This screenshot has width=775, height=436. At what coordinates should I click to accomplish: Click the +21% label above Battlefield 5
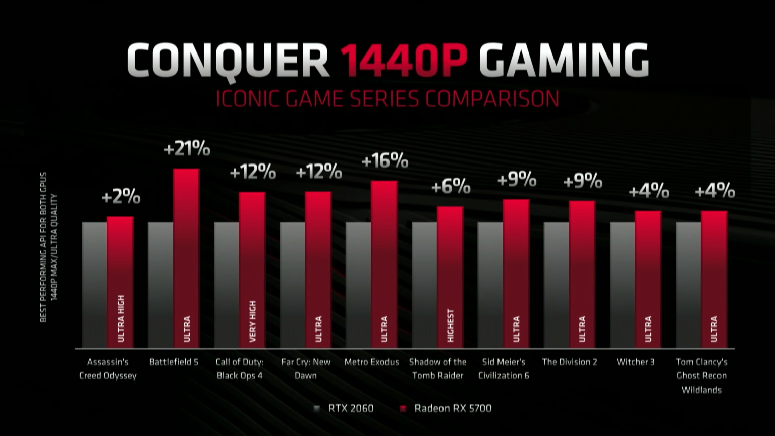pos(187,149)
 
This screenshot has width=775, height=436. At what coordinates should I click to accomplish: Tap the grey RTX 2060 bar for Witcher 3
pos(622,285)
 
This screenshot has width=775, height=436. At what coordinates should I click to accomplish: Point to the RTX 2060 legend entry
pos(344,408)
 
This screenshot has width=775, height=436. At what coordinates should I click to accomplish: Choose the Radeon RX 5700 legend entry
pos(446,408)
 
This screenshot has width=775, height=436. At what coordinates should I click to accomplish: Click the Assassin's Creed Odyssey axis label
pos(107,369)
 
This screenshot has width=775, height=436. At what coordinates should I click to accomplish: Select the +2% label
pos(121,197)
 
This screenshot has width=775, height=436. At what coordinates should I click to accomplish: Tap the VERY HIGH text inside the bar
pos(253,321)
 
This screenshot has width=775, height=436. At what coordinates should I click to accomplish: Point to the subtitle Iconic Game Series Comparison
pos(387,99)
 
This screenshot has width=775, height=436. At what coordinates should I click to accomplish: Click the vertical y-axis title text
pos(48,247)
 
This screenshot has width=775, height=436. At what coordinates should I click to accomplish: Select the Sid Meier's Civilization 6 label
pos(504,369)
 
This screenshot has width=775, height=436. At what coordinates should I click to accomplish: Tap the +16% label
pos(384,161)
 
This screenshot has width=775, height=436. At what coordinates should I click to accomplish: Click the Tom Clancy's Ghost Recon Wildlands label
pos(701,375)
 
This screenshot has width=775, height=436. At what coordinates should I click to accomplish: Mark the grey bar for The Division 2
pos(556,285)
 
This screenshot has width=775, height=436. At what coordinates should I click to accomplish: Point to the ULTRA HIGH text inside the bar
pos(121,319)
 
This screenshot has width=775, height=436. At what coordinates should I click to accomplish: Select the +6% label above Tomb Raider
pos(451,187)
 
